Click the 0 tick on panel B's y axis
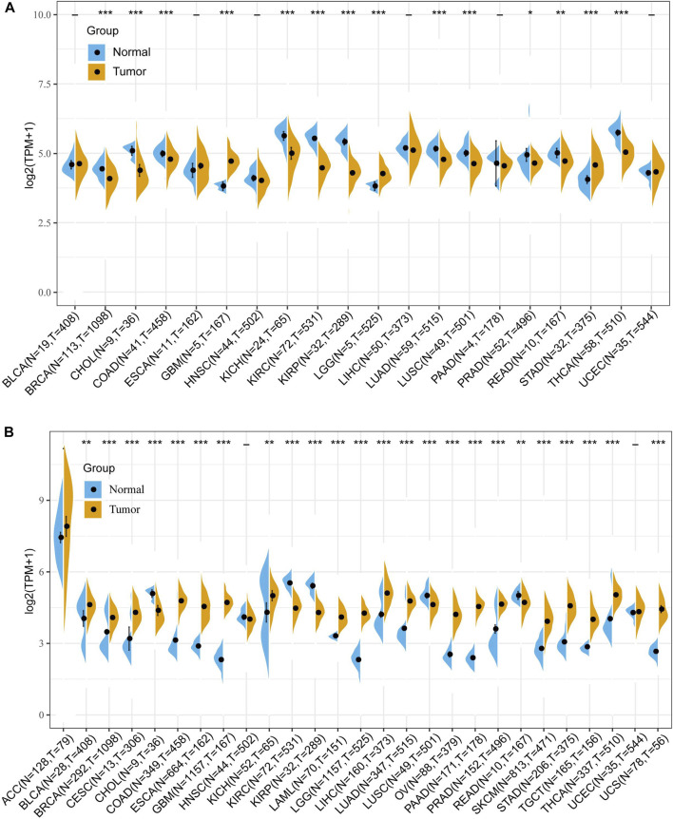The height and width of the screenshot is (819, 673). click(45, 714)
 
